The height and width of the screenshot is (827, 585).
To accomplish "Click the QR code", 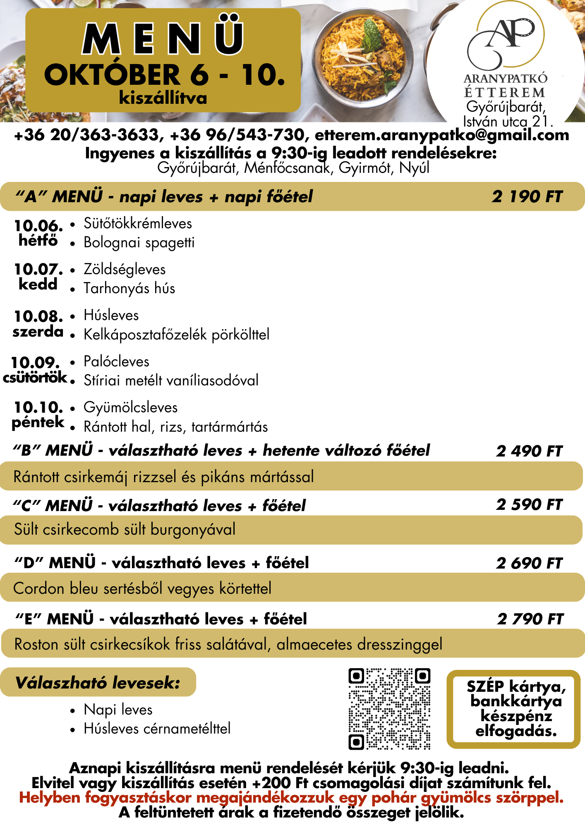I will tap(389, 709).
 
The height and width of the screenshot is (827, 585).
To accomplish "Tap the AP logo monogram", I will tap(506, 37).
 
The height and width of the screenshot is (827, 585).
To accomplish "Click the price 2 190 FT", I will tap(527, 196).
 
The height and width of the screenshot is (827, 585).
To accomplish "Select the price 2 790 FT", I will tap(530, 619).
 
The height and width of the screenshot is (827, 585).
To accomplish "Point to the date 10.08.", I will tap(38, 316).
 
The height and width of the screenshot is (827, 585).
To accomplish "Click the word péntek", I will tap(38, 422).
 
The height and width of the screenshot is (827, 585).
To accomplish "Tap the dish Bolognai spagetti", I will tap(139, 243).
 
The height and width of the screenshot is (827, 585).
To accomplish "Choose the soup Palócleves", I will tap(116, 361).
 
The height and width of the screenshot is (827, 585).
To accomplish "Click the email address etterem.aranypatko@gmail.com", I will tap(442, 135).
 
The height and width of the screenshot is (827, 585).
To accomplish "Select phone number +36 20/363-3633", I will tap(86, 135).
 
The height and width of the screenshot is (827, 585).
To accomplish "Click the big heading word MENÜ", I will tap(163, 38).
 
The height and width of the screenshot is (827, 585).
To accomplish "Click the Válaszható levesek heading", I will tap(98, 682).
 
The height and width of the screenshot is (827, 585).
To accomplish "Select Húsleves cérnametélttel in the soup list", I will tap(157, 729).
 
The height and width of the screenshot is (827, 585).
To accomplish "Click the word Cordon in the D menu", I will tap(39, 588).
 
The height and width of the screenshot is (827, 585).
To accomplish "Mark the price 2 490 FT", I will tap(529, 451).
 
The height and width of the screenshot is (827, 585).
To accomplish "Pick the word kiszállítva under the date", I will tap(163, 98).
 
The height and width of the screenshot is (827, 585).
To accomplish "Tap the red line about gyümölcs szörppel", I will tap(292, 797).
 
